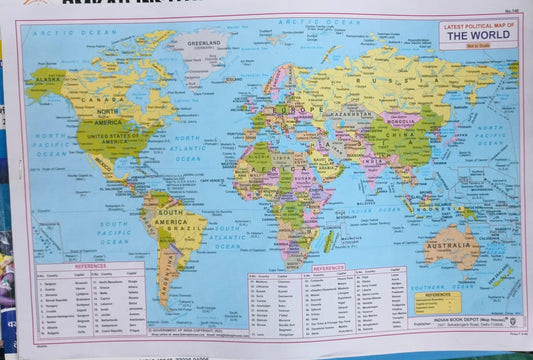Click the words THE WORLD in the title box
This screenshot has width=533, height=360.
click(x=478, y=35)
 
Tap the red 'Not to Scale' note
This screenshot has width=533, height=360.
click(x=478, y=45)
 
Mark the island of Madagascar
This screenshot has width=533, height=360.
click(x=328, y=240)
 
